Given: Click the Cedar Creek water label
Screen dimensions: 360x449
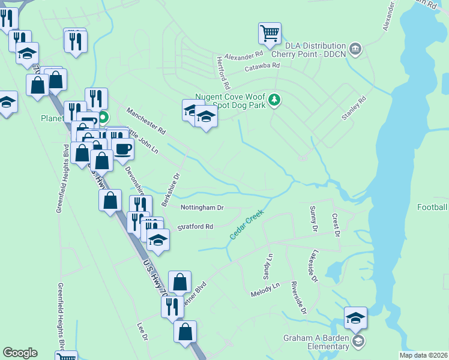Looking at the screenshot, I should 246,224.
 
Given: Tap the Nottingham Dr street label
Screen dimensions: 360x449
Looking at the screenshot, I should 202,208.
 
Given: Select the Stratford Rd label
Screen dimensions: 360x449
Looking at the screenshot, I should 196,227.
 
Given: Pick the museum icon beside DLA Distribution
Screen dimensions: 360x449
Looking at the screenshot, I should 355,48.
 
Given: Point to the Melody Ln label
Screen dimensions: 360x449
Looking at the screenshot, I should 265,290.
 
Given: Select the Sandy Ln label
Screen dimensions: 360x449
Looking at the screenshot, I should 268,266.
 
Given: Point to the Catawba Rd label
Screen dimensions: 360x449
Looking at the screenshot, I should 262,67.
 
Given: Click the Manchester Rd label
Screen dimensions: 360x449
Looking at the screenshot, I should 145,120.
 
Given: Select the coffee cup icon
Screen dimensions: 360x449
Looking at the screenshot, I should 123,149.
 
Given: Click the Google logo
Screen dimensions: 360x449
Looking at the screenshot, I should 20,353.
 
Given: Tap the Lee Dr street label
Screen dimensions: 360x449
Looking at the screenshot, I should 142,332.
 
